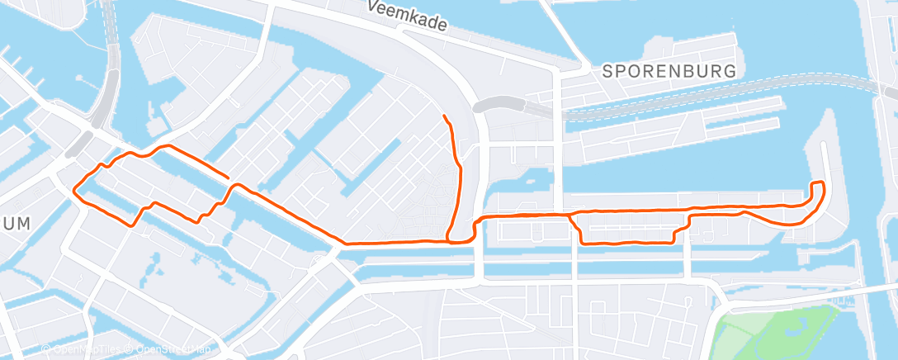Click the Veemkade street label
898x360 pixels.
tap(407, 17)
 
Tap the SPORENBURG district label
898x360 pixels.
tap(669, 71)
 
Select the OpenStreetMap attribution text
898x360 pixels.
tap(168, 350)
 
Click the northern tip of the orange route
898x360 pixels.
tap(445, 116)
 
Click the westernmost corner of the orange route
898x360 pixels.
tap(75, 189)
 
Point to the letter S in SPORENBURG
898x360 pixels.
tap(607, 71)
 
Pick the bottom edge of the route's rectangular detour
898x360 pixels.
tap(627, 243)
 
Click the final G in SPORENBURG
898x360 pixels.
tap(730, 71)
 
